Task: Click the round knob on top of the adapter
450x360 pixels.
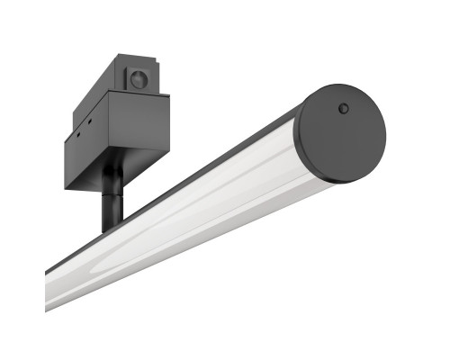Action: [x=138, y=79]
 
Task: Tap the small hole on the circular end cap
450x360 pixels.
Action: [x=343, y=109]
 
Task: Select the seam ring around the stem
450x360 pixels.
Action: [x=112, y=190]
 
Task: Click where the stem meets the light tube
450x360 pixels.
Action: [x=112, y=226]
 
